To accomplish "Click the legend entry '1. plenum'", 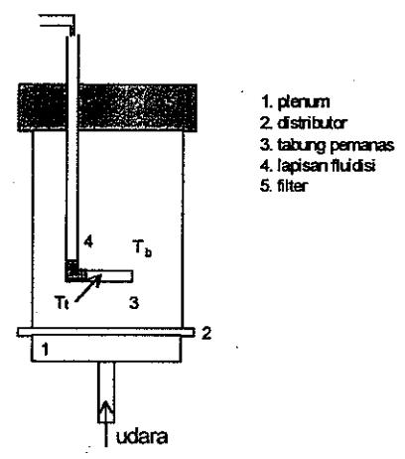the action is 295,102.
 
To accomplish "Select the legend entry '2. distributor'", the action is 303,123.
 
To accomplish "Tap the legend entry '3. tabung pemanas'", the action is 328,146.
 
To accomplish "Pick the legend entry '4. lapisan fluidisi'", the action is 318,166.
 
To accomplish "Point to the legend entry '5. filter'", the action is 284,186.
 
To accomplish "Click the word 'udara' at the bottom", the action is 142,437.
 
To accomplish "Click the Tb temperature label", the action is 142,247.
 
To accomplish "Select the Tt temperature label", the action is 62,303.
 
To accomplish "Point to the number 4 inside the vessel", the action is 88,241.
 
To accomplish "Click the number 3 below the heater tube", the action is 134,303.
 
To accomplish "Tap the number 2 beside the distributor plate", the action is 206,333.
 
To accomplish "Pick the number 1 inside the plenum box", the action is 46,350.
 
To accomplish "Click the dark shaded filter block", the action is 107,108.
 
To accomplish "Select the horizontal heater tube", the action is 109,276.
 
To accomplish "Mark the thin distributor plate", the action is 106,332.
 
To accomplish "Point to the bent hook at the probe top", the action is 58,23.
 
